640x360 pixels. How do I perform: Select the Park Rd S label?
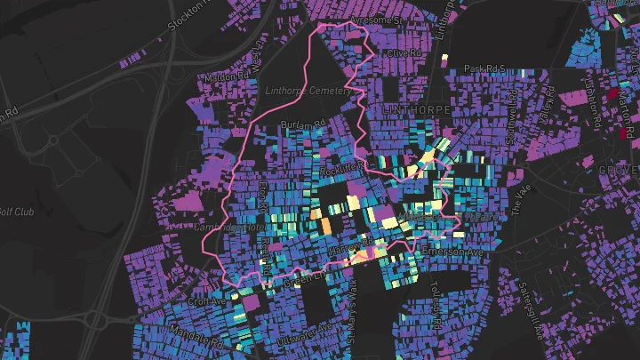click(x=484, y=68)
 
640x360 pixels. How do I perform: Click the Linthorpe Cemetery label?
click(x=306, y=90)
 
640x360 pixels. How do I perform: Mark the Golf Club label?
click(x=16, y=212)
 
